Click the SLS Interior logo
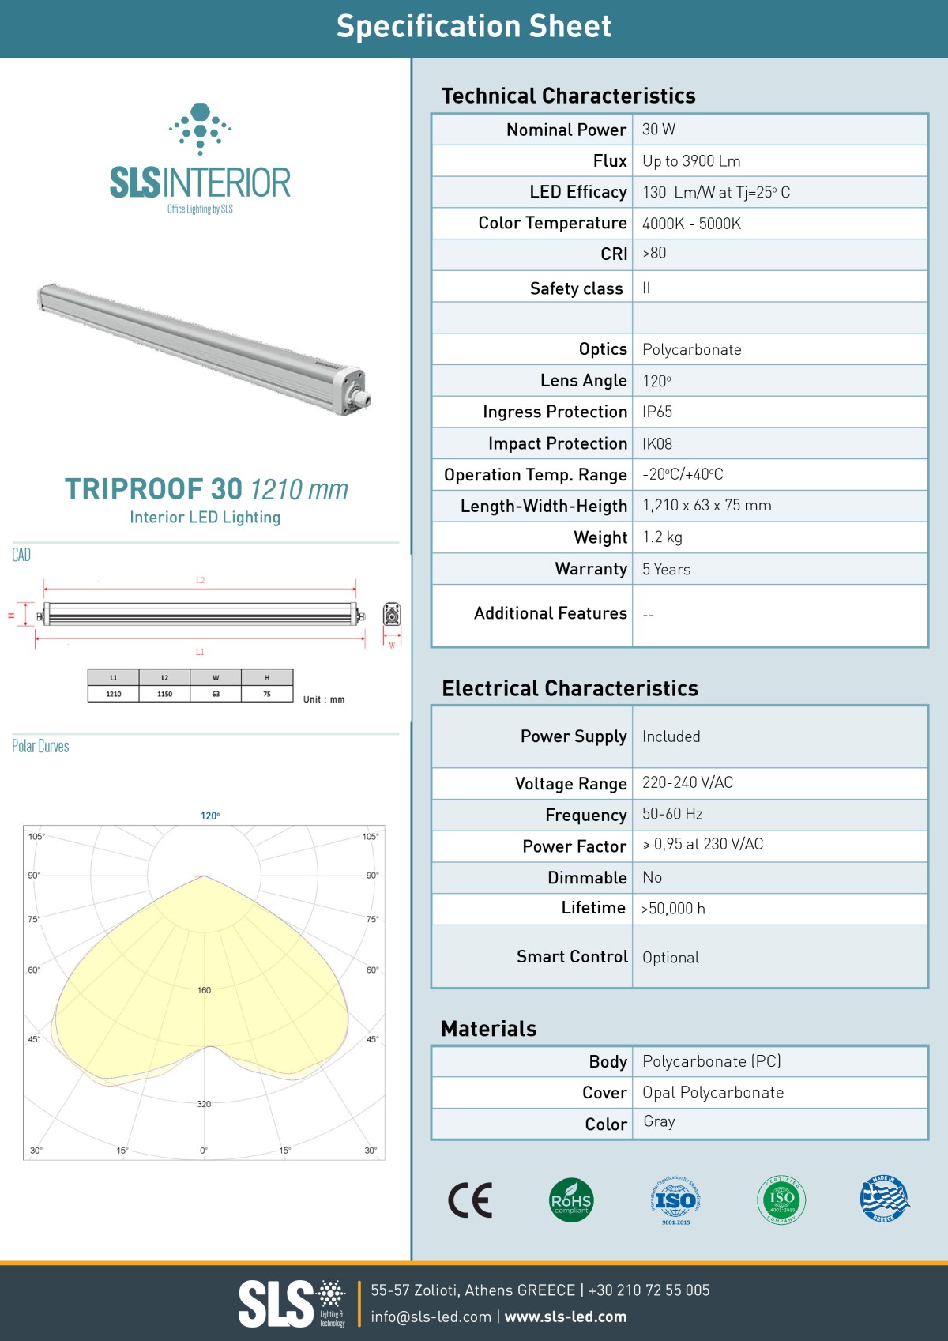(x=200, y=158)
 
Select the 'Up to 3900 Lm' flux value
(x=691, y=161)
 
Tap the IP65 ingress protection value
(x=657, y=412)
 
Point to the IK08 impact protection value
(x=657, y=444)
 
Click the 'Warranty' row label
(x=591, y=569)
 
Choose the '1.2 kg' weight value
(x=662, y=537)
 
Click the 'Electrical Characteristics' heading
(x=570, y=688)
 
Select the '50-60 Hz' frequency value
(x=672, y=814)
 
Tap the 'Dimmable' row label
(x=587, y=878)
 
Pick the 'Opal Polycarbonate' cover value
(x=713, y=1092)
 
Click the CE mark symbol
(x=470, y=1200)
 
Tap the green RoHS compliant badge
(x=570, y=1200)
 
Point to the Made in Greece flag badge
(x=884, y=1199)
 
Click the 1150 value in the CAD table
(x=164, y=694)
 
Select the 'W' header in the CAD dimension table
(x=216, y=677)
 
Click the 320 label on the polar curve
(x=204, y=1104)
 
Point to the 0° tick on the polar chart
(x=204, y=1151)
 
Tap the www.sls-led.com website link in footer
(x=566, y=1317)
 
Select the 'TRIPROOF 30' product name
(x=153, y=489)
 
